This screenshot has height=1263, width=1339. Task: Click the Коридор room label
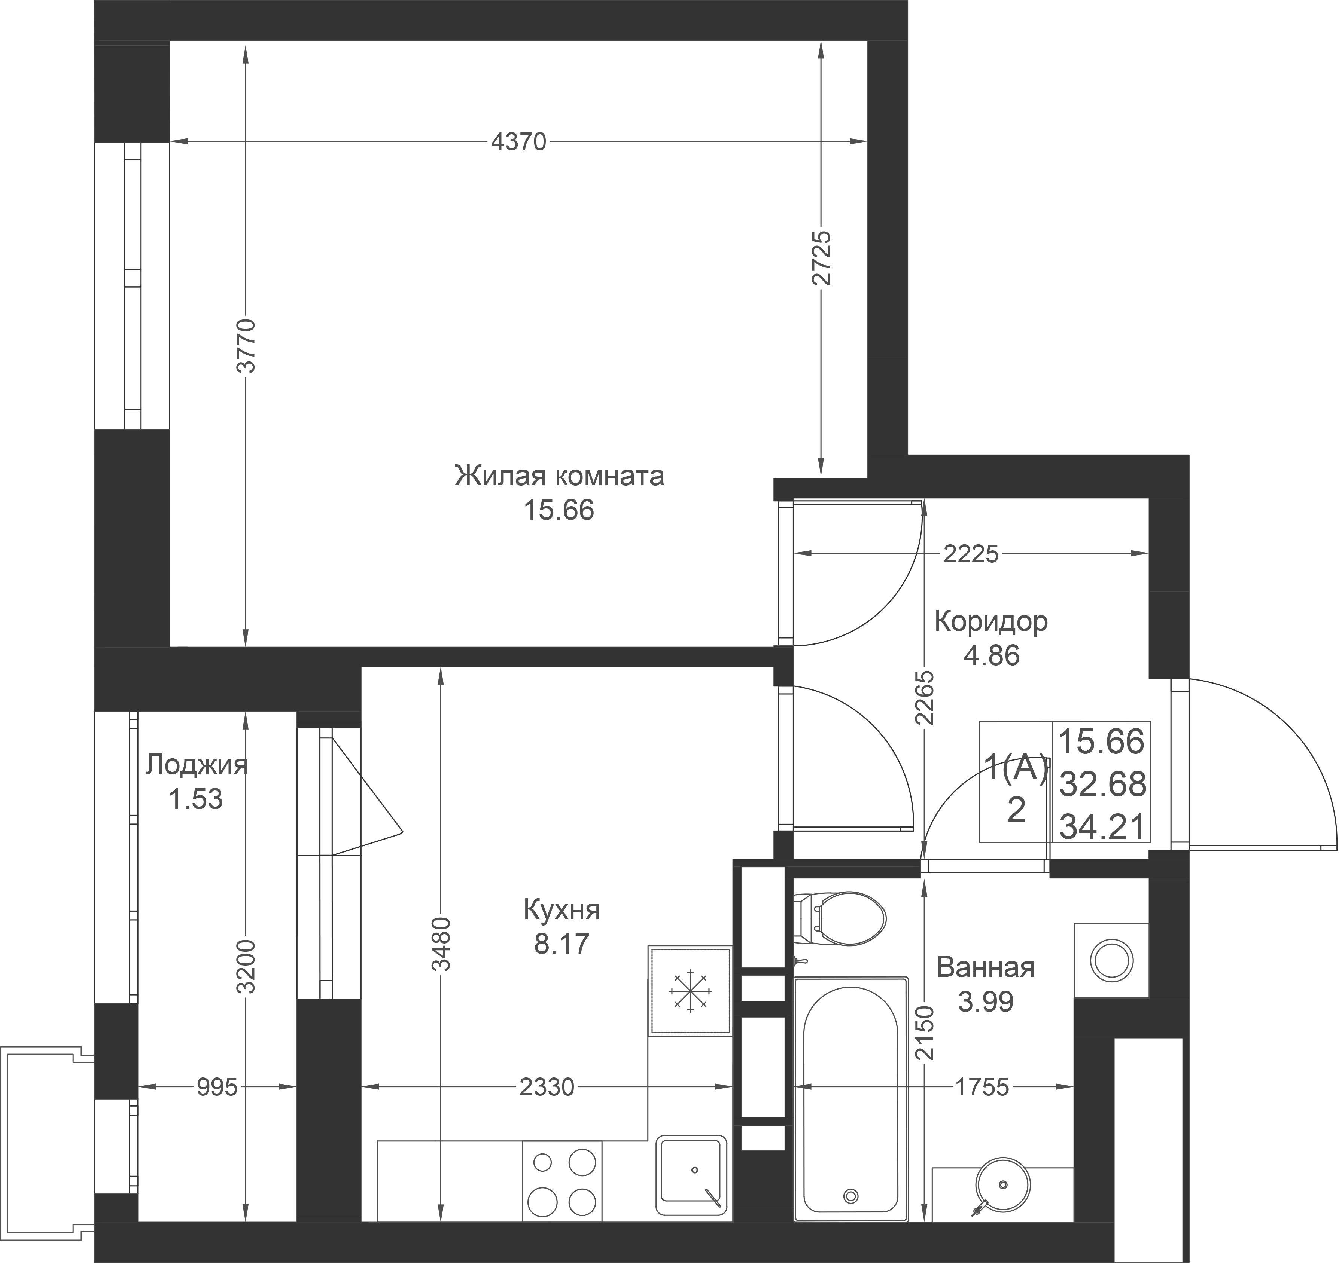coord(991,621)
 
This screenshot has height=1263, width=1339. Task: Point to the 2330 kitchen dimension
coord(547,1087)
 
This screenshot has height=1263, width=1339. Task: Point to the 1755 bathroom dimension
coord(982,1087)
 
